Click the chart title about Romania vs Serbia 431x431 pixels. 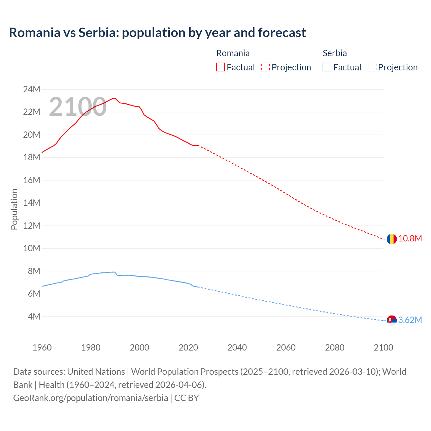pos(157,33)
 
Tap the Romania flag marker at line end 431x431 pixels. pos(391,239)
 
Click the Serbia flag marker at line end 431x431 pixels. pos(391,320)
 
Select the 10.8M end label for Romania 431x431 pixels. pos(410,239)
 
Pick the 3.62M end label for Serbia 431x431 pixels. pos(410,320)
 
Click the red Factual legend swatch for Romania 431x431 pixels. pos(221,67)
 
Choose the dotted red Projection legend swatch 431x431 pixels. pos(265,67)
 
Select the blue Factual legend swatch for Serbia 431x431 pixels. pos(327,67)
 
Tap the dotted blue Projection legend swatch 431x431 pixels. pos(372,67)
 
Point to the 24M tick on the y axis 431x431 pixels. pos(32,90)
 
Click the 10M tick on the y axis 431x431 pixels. pos(32,248)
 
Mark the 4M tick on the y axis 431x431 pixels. pos(34,317)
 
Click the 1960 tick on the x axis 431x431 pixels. pos(42,347)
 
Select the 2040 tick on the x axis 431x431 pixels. pos(237,347)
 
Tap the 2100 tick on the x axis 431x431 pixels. pos(383,347)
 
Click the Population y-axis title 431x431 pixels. pos(14,209)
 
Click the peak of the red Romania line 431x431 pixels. pos(115,98)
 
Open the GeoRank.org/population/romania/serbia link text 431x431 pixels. pos(91,398)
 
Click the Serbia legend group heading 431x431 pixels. pos(335,53)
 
